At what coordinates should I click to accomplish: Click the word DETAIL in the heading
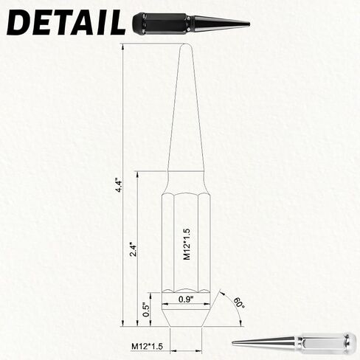click(x=65, y=23)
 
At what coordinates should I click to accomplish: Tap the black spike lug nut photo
click(x=188, y=24)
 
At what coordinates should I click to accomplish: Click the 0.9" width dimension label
click(x=187, y=299)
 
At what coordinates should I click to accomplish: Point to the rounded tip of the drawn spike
click(x=186, y=47)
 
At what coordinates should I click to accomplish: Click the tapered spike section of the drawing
click(x=186, y=111)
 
